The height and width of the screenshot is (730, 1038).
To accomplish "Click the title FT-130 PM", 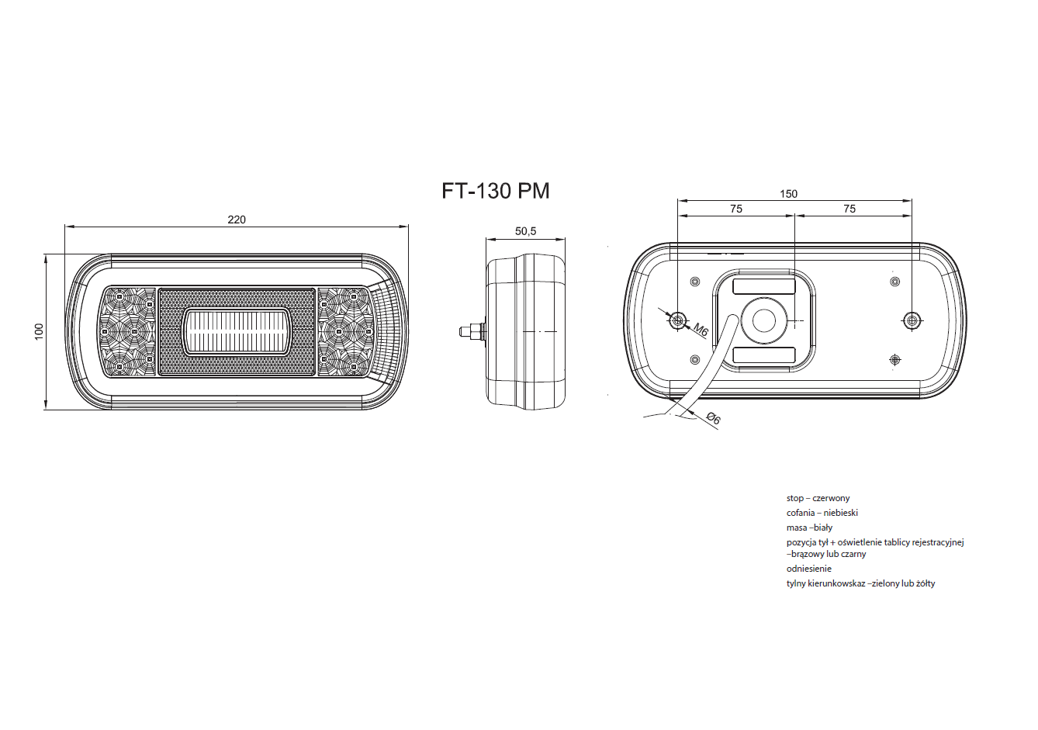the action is pos(496,191).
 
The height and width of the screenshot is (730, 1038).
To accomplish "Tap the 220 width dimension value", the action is pos(237,220).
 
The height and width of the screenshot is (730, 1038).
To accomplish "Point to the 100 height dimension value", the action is pos(39,331).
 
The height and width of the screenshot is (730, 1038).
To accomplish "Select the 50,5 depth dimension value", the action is pos(525,231).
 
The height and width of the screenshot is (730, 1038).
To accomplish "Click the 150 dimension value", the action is pos(788,194).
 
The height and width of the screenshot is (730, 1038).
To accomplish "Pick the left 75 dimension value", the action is pos(736,209).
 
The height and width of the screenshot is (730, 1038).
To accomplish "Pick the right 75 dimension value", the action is pos(849,209).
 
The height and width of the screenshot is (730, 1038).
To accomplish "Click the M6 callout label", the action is pos(701,330).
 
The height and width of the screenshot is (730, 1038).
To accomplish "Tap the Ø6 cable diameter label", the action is pos(714,419).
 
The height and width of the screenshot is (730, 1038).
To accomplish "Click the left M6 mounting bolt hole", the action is pos(678,320).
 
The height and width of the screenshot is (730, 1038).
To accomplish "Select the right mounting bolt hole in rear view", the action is pos(912,320).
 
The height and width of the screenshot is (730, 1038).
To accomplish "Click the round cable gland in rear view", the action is pos(763,320).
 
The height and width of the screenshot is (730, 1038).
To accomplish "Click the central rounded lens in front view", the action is pos(237,332).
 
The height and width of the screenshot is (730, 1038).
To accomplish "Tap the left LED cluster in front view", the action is pos(128,331).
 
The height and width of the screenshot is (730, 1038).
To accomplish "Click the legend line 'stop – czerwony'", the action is pos(818,498).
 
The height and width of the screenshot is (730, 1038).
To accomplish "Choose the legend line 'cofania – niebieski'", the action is pos(822,513).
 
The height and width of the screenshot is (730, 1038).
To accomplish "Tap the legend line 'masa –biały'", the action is pos(810,528).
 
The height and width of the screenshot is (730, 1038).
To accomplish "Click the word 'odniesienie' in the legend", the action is pos(809,568).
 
